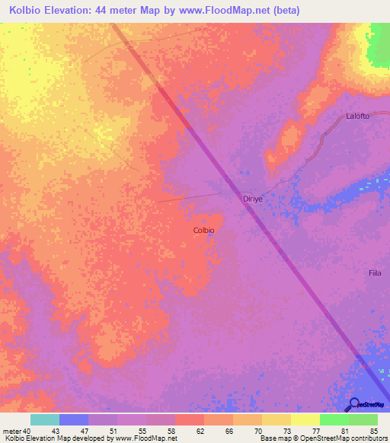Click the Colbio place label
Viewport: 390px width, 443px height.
point(203,230)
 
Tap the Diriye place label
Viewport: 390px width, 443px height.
point(253,198)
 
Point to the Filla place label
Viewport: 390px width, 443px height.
point(375,272)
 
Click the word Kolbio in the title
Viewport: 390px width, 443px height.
point(30,11)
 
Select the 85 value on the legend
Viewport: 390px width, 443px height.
point(373,431)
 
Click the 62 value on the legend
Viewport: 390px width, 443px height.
point(200,431)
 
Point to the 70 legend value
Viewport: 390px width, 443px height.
point(257,431)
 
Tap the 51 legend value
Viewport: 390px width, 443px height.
point(113,431)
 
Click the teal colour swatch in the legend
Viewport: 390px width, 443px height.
point(44,419)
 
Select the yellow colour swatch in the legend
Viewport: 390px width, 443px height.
point(305,419)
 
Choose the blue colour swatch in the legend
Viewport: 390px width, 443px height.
point(73,419)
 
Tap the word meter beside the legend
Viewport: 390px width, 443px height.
point(10,431)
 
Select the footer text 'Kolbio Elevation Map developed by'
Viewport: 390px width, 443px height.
point(55,438)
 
